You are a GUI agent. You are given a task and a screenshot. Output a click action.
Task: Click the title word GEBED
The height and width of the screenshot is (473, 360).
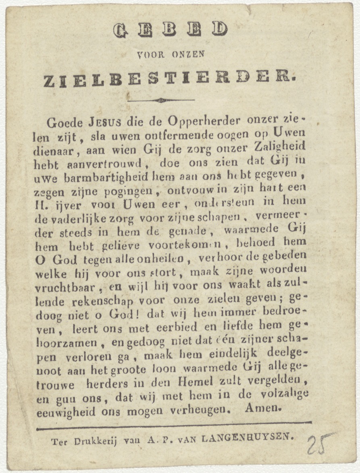coord(171,30)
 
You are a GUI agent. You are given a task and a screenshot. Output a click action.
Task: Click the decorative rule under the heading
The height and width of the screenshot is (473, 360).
coord(161,100)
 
